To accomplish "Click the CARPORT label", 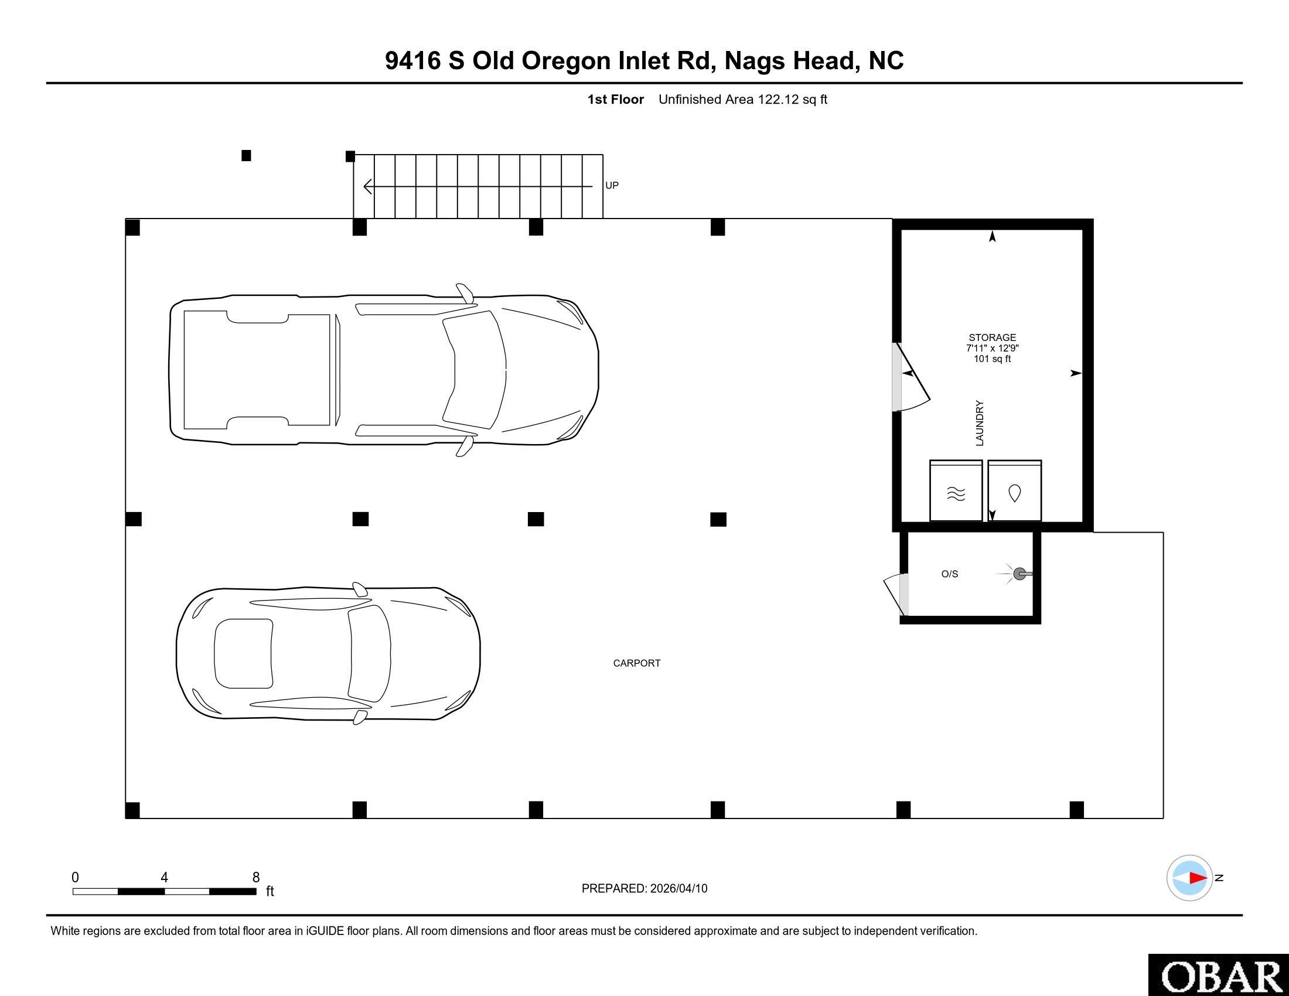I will (636, 663).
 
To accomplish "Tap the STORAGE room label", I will (992, 337).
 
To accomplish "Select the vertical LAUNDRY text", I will (980, 423).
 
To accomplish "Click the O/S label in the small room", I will (950, 574).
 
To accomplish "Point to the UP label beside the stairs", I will (612, 185).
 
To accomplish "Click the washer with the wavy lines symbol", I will (956, 492).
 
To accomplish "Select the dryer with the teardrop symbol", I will (1015, 492).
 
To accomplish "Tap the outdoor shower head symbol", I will (1020, 574).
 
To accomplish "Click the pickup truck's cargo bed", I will (257, 369).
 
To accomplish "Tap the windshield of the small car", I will (369, 654).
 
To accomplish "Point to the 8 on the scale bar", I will (256, 878).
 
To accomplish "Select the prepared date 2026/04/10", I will (678, 889).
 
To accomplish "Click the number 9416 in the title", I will (412, 61).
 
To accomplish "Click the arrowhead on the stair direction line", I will (368, 186).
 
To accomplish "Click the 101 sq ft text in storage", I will (992, 359).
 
